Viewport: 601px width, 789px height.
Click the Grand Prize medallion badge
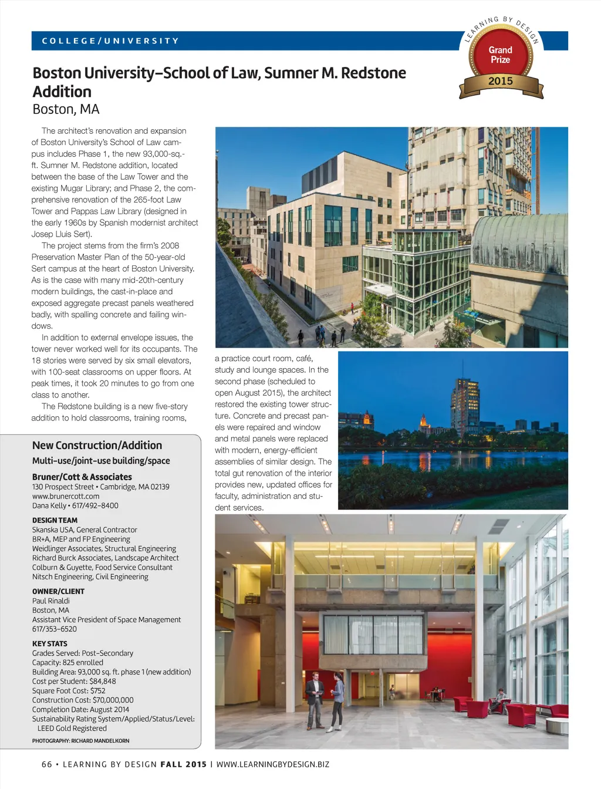(501, 55)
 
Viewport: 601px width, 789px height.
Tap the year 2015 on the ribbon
(501, 81)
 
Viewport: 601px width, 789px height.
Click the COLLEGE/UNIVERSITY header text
(110, 41)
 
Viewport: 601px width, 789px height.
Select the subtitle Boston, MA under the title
(66, 109)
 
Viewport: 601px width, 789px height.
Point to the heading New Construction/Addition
(97, 446)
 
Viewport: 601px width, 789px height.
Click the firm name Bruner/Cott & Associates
(82, 477)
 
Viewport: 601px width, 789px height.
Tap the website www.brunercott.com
(66, 496)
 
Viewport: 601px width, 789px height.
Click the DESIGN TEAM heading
(55, 520)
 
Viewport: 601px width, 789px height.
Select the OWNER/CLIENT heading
(58, 591)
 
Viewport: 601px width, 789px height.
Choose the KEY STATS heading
(50, 643)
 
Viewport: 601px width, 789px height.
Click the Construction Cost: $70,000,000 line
(83, 700)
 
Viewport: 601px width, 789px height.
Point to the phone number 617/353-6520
(55, 629)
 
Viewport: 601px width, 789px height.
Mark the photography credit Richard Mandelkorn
(100, 741)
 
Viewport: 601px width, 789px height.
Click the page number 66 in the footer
(47, 764)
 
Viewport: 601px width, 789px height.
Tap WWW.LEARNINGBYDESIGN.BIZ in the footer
(273, 764)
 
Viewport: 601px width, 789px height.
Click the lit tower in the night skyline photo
(465, 405)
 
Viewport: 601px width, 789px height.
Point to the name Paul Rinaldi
(51, 601)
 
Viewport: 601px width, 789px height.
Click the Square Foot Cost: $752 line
(69, 690)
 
